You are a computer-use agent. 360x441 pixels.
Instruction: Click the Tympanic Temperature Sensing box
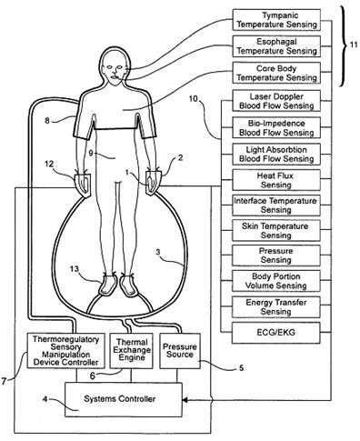point(276,20)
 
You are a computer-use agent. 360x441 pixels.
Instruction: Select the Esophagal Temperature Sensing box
point(276,46)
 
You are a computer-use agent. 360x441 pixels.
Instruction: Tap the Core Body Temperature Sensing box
point(276,73)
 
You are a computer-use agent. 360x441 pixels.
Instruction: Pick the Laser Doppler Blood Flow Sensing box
point(276,101)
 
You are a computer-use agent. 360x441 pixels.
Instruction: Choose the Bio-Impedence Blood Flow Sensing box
point(276,127)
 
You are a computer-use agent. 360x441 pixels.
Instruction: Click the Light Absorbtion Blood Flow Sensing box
point(276,155)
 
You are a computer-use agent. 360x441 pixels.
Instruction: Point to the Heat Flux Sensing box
point(276,180)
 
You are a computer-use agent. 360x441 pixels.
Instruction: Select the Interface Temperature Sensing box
point(276,205)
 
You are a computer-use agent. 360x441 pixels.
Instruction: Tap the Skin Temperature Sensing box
point(276,231)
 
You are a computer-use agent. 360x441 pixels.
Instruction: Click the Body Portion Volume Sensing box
point(276,281)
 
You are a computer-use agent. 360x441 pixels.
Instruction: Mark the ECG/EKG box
point(276,333)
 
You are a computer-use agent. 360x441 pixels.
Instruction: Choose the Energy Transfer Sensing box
point(276,307)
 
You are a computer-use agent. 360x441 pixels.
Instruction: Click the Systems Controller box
point(124,399)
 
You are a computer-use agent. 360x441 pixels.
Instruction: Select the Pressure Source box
point(180,351)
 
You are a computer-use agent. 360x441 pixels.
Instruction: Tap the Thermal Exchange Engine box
point(131,351)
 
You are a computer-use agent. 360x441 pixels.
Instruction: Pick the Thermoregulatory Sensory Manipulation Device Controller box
point(66,351)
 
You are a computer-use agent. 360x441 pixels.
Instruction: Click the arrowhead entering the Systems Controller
point(185,400)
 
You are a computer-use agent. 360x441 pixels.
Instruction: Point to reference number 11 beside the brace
point(354,45)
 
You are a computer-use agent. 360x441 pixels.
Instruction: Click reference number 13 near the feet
point(75,269)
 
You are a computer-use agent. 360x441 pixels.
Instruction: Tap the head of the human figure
point(114,65)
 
